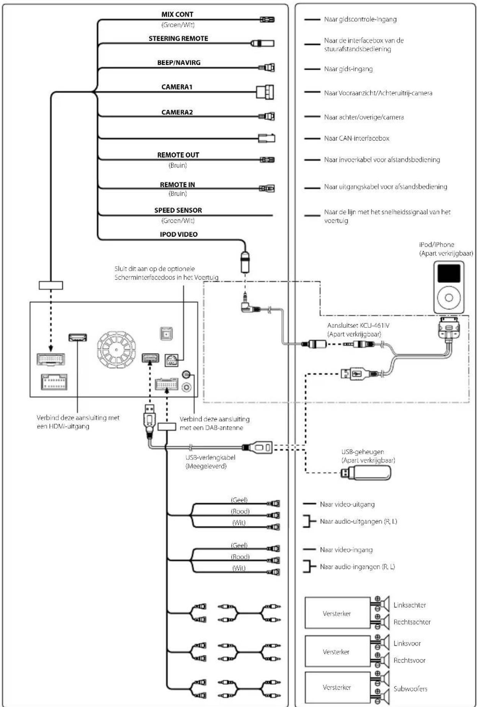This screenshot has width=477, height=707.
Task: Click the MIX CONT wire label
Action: [x=177, y=15]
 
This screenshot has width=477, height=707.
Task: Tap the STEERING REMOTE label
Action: [x=178, y=39]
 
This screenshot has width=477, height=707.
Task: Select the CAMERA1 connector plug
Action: [x=265, y=92]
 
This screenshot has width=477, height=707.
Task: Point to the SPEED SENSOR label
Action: [x=178, y=210]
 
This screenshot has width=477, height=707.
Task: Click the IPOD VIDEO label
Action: [x=179, y=234]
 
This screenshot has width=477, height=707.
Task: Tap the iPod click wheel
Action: [x=449, y=297]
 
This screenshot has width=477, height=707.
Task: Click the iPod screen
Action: [x=449, y=273]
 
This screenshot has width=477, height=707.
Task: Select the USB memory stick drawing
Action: [x=366, y=473]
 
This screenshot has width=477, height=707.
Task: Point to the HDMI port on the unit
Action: [x=77, y=337]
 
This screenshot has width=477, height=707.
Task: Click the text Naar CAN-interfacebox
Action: [x=356, y=138]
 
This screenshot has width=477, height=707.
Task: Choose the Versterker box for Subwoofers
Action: [x=337, y=687]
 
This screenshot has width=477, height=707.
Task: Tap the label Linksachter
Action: [x=410, y=605]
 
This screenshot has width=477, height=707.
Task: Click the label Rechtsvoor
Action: [x=409, y=660]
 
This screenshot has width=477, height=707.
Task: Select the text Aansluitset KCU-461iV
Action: [x=358, y=326]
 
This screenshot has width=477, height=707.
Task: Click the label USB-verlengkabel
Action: [x=210, y=457]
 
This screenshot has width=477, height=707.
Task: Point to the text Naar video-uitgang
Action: [x=347, y=504]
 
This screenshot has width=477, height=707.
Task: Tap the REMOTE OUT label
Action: [x=178, y=155]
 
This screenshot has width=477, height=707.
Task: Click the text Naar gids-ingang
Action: [x=348, y=69]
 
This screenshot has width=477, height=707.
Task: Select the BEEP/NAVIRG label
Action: [x=179, y=63]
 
